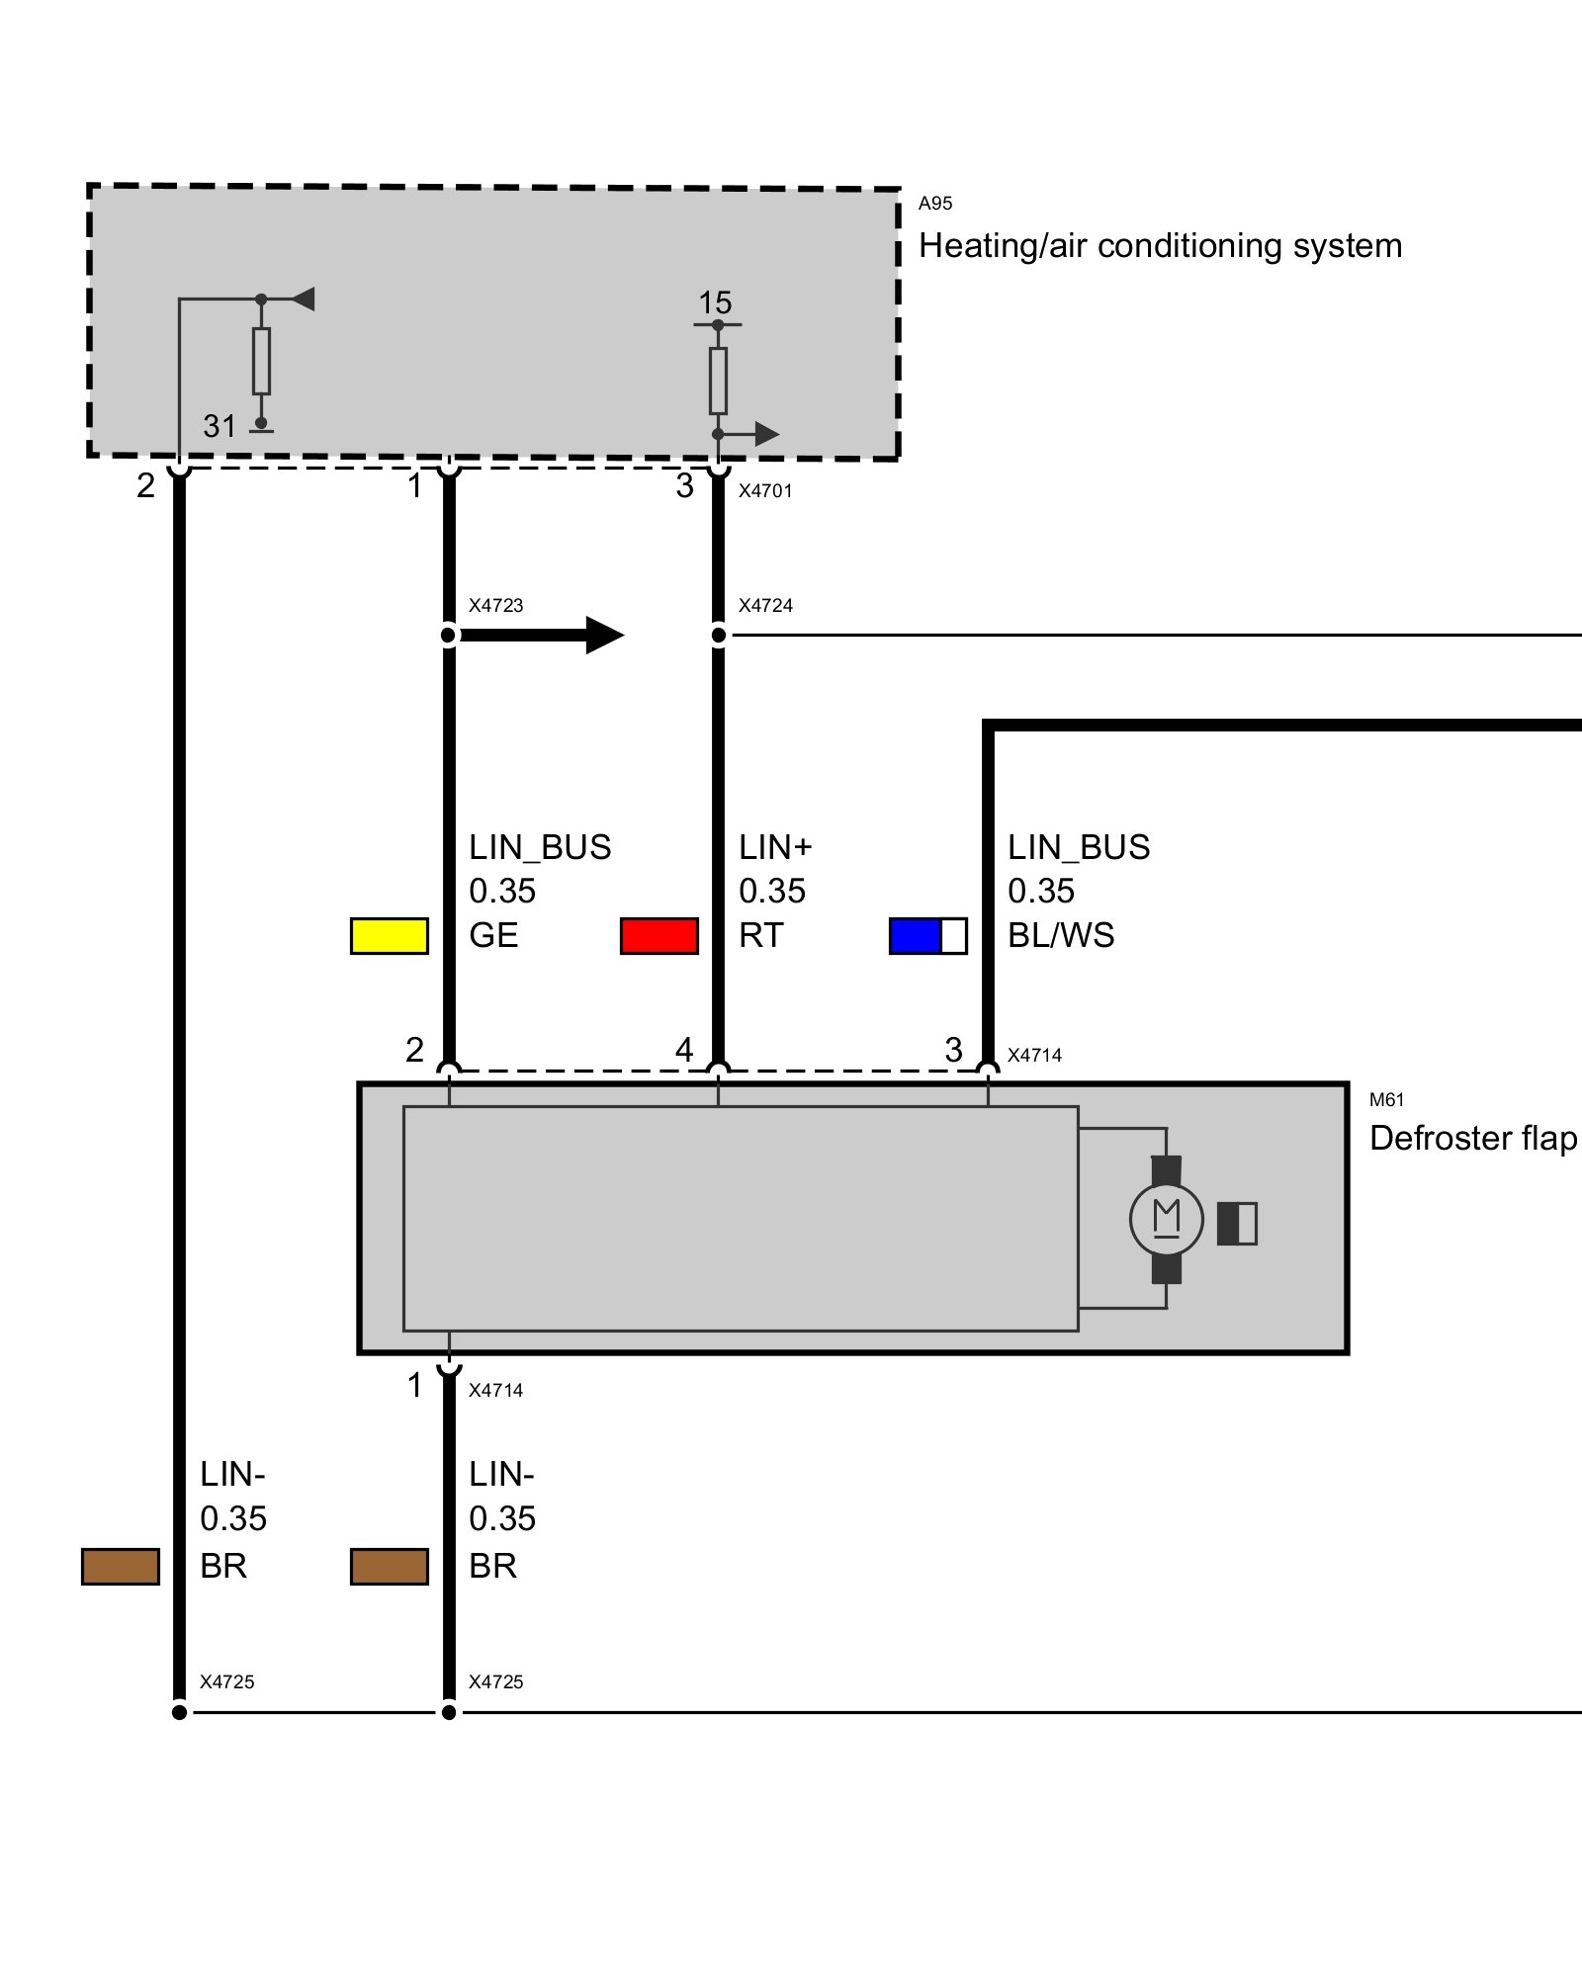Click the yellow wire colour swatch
tap(390, 935)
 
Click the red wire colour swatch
tap(659, 935)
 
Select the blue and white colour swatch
tap(928, 935)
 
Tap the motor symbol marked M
tap(1167, 1220)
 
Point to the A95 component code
tap(935, 204)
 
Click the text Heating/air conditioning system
tap(1161, 245)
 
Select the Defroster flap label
tap(1473, 1138)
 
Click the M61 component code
tap(1387, 1099)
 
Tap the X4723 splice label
tap(496, 605)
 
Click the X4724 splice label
tap(766, 605)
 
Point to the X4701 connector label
tap(765, 490)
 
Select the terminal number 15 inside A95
tap(715, 302)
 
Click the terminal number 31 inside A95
tap(220, 426)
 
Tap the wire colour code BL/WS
tap(1061, 935)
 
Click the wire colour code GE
tap(493, 935)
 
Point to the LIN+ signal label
tap(775, 847)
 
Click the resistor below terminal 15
tap(718, 381)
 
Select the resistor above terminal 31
tap(261, 361)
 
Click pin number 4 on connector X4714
tap(684, 1049)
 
